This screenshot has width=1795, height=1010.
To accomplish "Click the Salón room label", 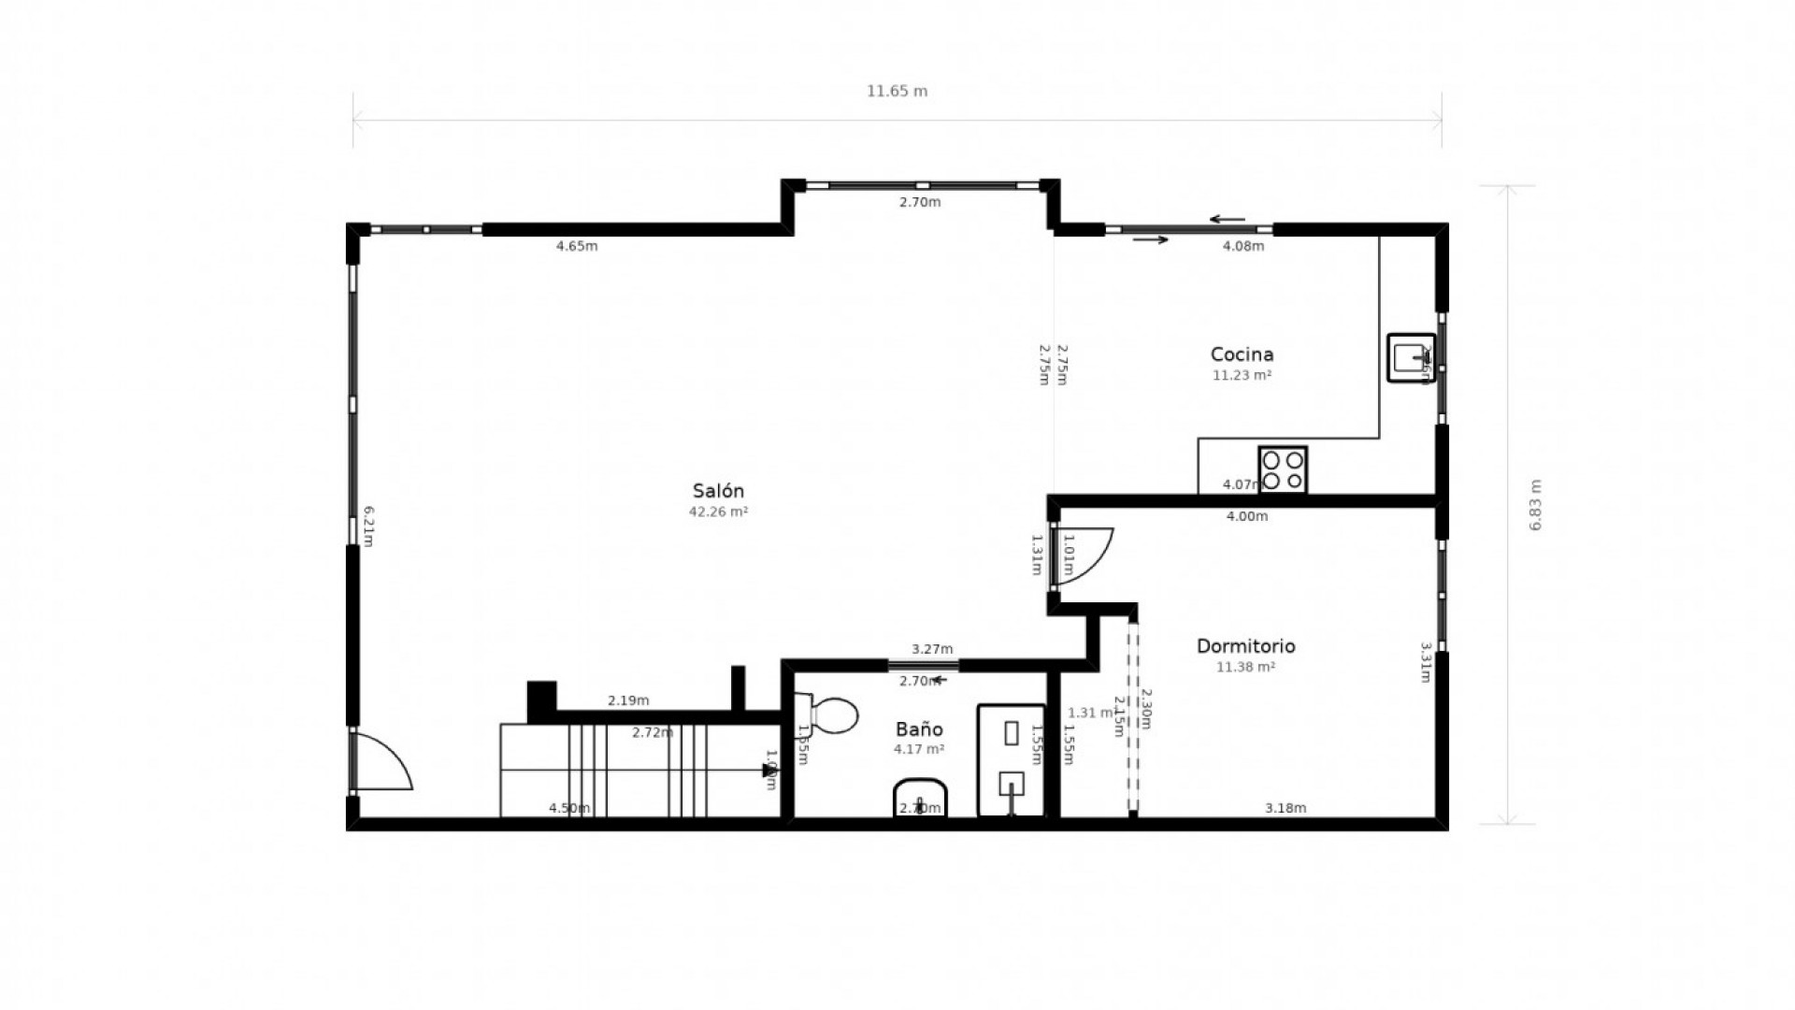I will pos(718,491).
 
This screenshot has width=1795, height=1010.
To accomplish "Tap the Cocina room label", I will pos(1242,354).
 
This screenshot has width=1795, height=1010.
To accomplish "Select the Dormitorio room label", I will pos(1245,646).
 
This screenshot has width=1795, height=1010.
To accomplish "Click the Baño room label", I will pos(919,729).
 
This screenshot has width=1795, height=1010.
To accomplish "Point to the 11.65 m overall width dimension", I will pos(897,92).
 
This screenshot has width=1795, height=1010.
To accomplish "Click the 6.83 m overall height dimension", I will pos(1534,505).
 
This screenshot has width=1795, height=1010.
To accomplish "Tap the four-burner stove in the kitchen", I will pos(1283,469).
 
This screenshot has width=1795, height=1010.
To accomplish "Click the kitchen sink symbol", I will pos(1410,357).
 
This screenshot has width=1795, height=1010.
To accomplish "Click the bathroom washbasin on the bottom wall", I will pos(920,799).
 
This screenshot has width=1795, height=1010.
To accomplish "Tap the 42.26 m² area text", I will pos(718,512).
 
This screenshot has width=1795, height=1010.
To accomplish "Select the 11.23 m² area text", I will pos(1242,376).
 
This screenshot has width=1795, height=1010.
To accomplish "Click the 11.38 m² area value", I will pos(1245,668).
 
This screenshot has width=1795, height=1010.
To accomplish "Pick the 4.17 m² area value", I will pos(919,750).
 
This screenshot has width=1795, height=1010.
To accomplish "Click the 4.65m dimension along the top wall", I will pos(577,247).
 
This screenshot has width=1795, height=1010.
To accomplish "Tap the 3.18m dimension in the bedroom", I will pos(1285,809).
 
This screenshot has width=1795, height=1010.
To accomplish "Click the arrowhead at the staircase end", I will pos(769,771).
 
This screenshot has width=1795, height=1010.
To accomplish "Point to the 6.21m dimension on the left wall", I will pos(368,526).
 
